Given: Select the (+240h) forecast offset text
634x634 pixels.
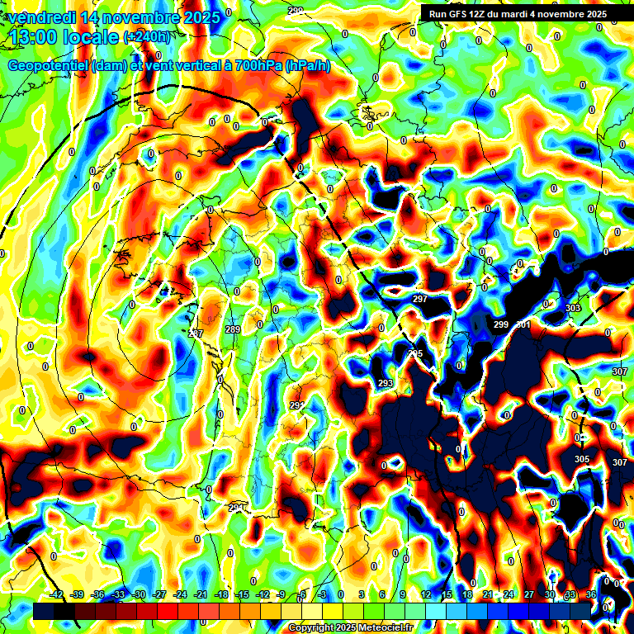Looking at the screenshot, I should coord(149,36).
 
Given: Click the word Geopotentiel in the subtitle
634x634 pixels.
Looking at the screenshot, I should coord(49,65).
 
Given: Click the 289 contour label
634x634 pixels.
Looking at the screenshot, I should coord(233,330).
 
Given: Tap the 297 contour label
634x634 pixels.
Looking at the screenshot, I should coord(420,299).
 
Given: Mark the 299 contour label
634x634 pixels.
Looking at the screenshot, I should coord(501,324).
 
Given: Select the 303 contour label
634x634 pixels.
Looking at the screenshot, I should coord(573,308).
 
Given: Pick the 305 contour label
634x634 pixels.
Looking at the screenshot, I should coord(582,459).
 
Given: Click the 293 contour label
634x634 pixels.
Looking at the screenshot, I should coord(386,383).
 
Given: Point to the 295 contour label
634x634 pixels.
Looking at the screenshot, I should coord(415,354).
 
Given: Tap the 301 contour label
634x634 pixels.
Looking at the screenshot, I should coord(523,324).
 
